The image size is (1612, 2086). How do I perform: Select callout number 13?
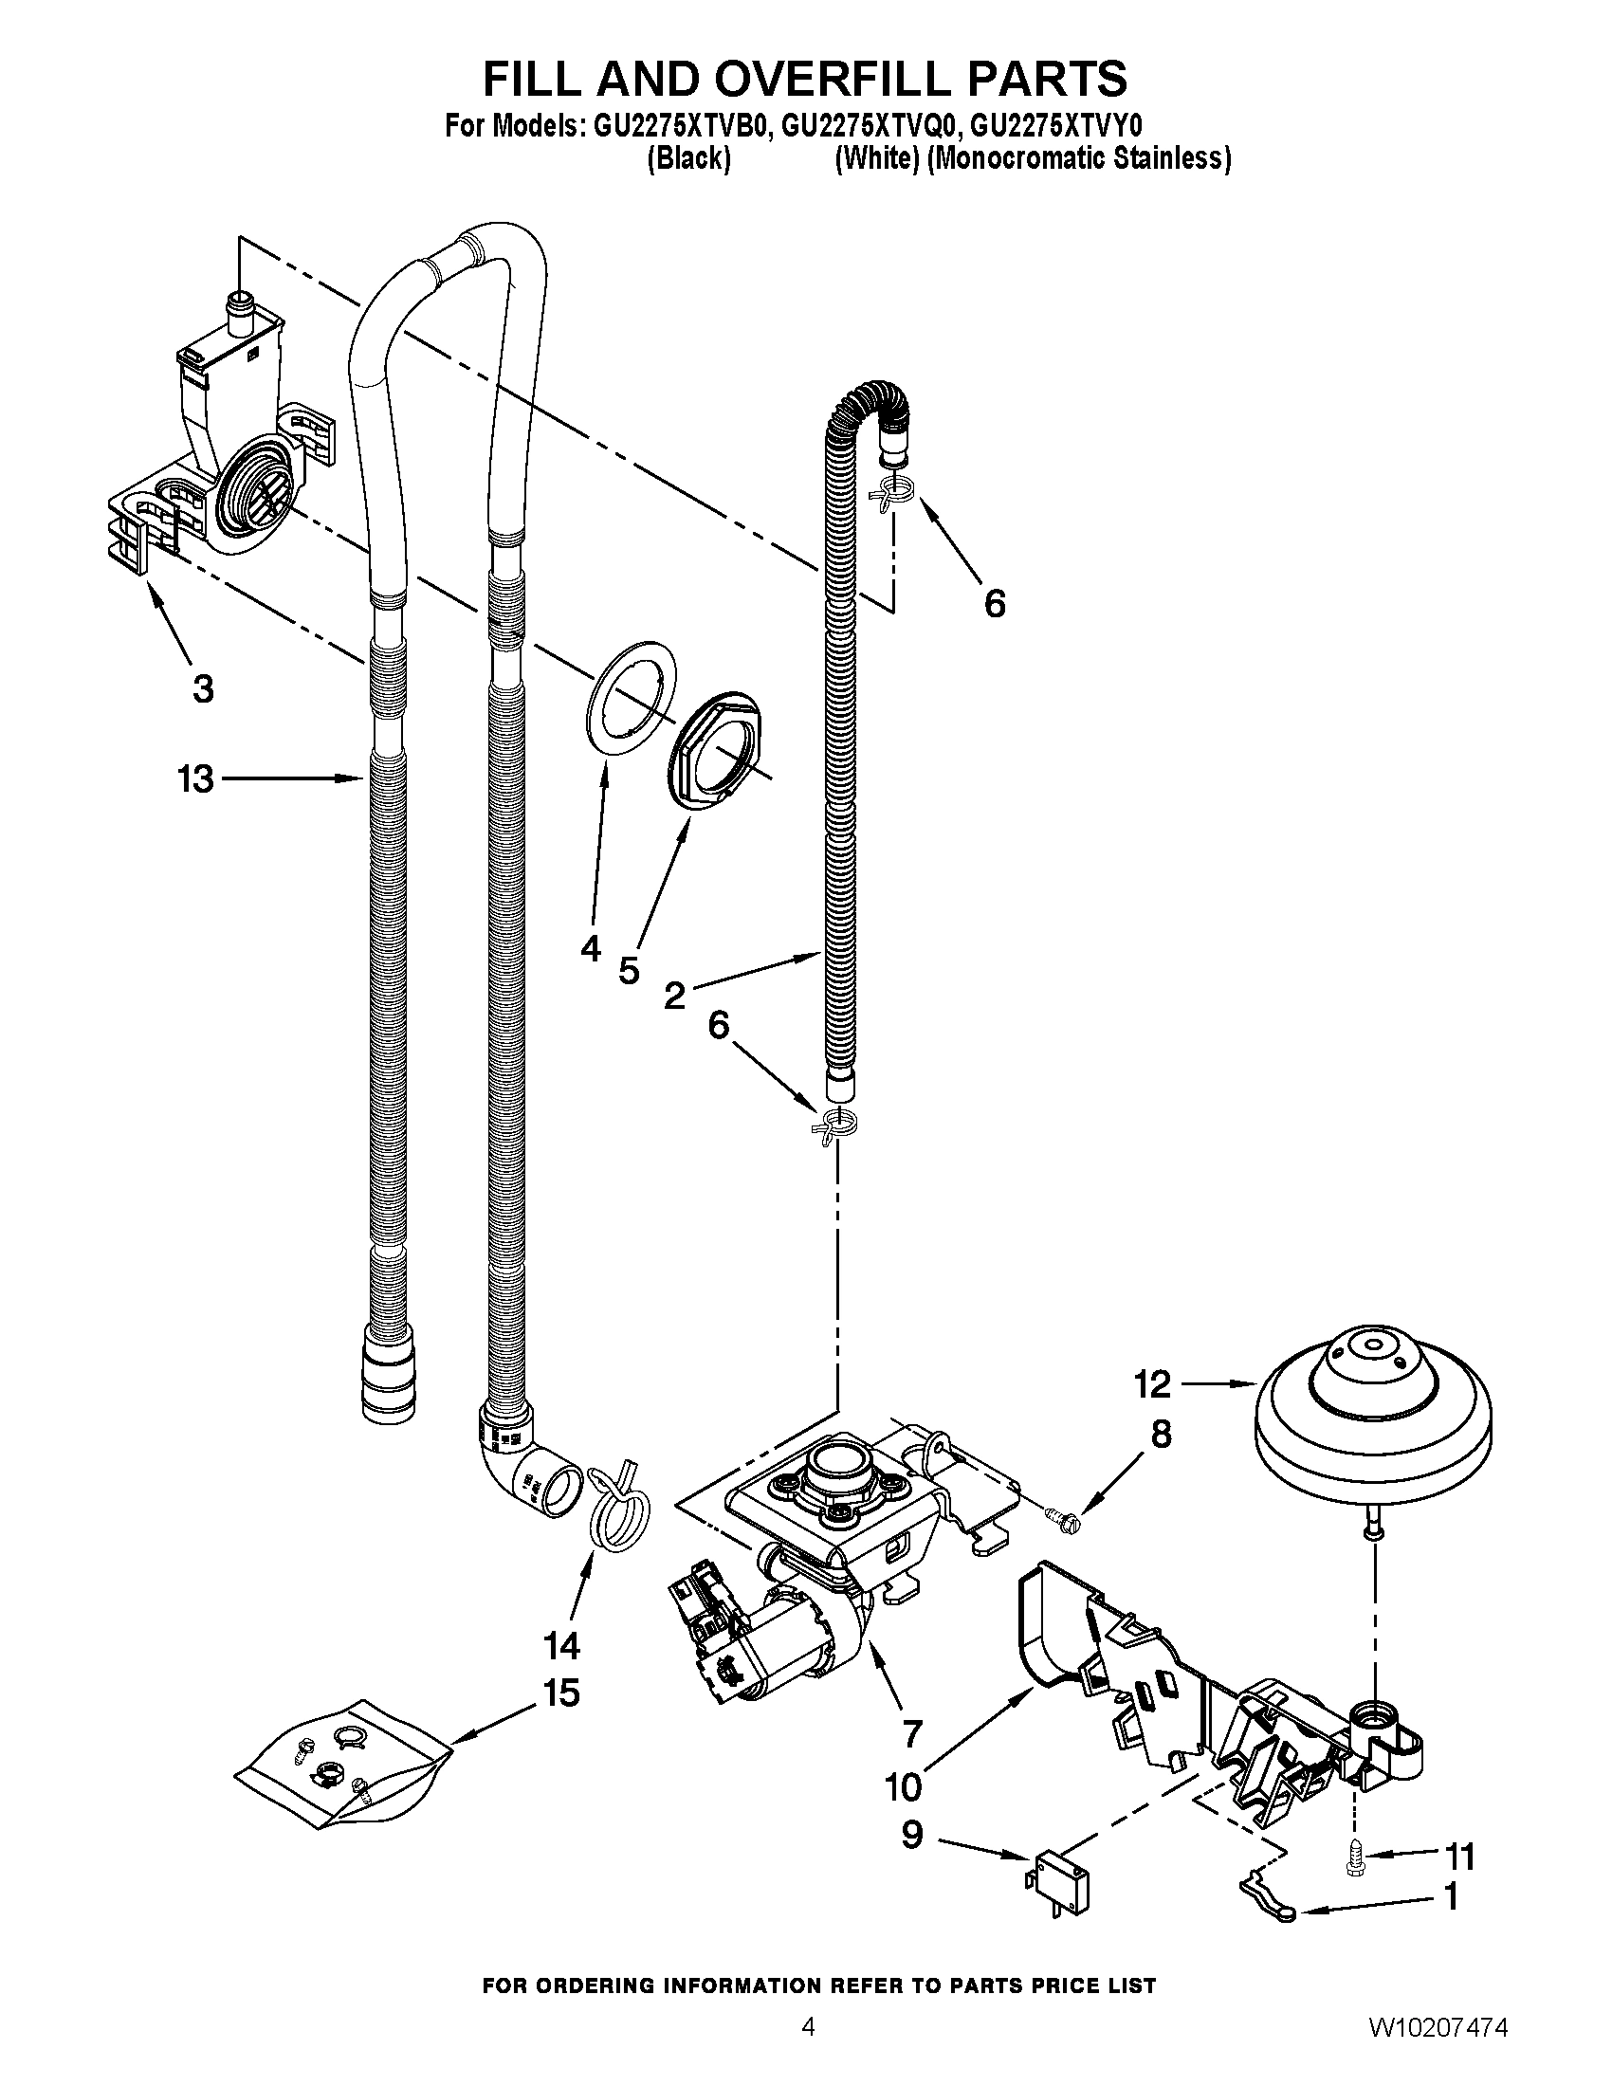(x=195, y=779)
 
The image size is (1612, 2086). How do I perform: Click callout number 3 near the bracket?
(x=203, y=687)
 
